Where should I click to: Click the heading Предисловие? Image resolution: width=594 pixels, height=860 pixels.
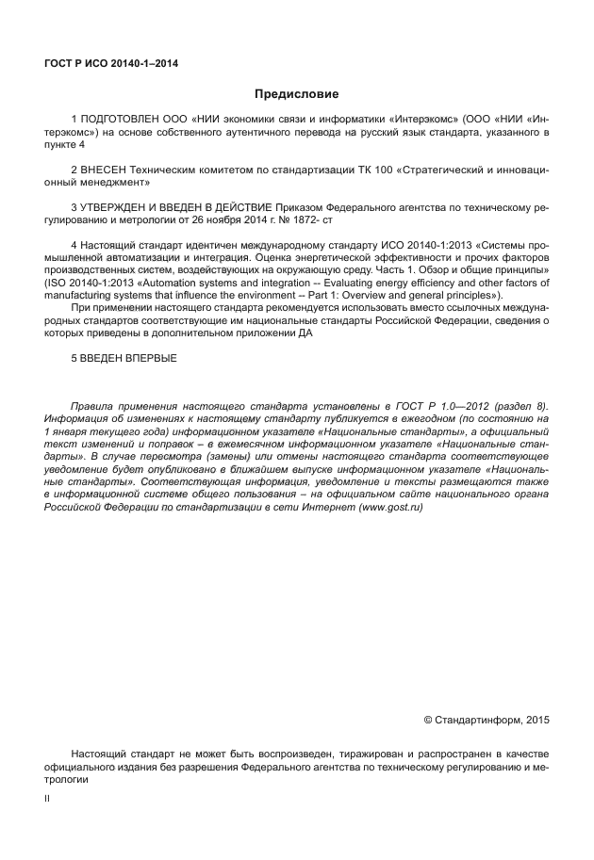[x=296, y=94]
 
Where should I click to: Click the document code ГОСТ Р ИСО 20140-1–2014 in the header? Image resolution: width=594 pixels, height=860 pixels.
[x=111, y=64]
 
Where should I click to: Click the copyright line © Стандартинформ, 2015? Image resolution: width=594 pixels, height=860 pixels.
[x=486, y=720]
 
